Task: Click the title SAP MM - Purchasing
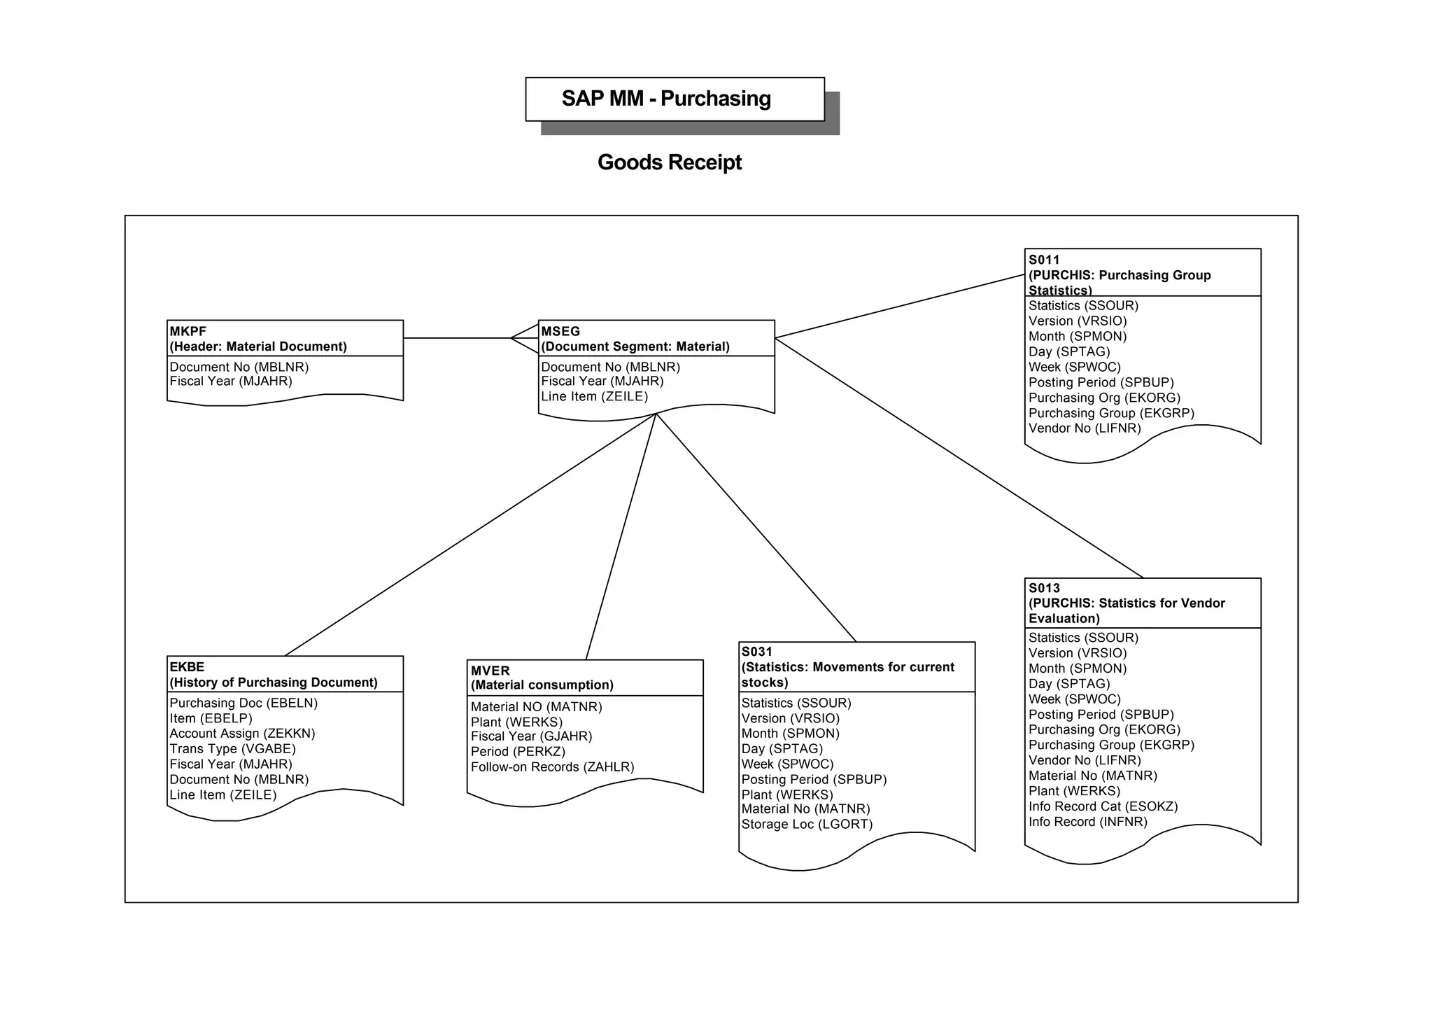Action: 665,99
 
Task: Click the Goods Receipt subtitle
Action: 669,162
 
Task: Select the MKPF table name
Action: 188,331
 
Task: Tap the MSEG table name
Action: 560,331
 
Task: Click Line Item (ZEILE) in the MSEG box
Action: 594,397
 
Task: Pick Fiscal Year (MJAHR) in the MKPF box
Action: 230,381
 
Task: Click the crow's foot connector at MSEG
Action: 524,338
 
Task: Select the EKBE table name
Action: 187,667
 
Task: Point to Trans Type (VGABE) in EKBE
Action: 232,749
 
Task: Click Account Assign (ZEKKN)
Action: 242,734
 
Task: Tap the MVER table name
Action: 490,671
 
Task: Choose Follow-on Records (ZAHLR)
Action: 552,767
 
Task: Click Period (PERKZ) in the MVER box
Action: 518,752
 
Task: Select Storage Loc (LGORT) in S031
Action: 807,825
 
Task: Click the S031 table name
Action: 756,652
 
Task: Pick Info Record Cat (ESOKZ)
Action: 1103,806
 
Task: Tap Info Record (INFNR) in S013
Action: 1087,822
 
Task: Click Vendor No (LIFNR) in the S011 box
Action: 1084,428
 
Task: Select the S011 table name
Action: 1044,260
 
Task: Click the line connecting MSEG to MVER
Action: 621,537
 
